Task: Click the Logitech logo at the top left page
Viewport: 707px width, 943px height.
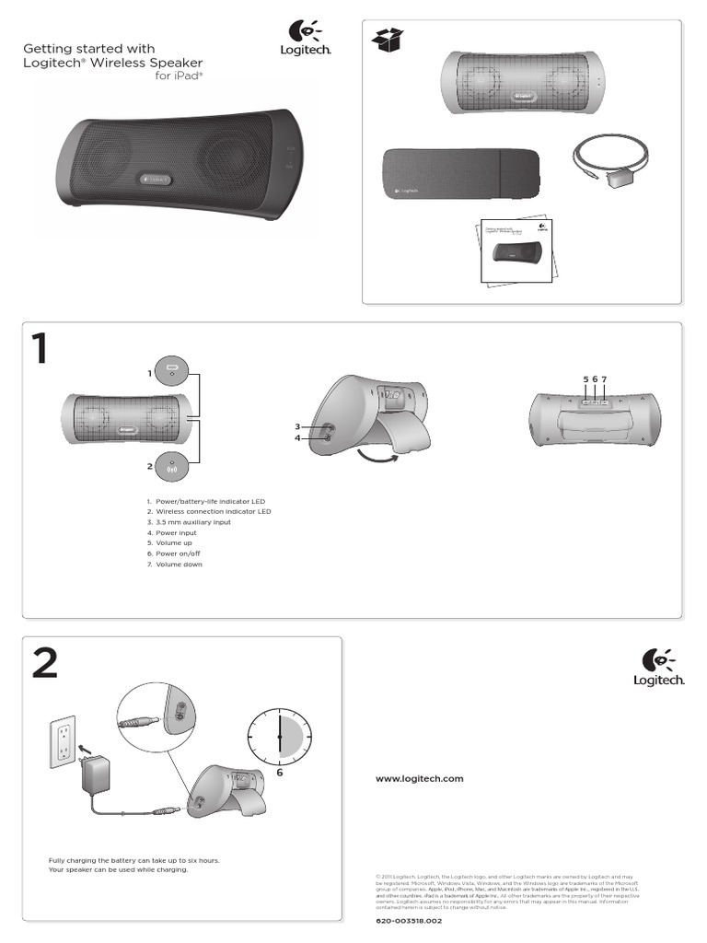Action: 305,41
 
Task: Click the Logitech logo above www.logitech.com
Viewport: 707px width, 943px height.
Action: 662,667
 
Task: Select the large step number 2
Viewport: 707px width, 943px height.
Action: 44,664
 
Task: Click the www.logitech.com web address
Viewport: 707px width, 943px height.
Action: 419,778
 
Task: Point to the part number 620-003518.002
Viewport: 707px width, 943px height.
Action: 409,921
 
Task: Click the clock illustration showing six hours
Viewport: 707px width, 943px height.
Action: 280,736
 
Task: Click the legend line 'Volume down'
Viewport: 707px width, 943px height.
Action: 177,565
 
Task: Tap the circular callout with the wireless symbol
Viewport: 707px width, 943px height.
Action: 171,466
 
